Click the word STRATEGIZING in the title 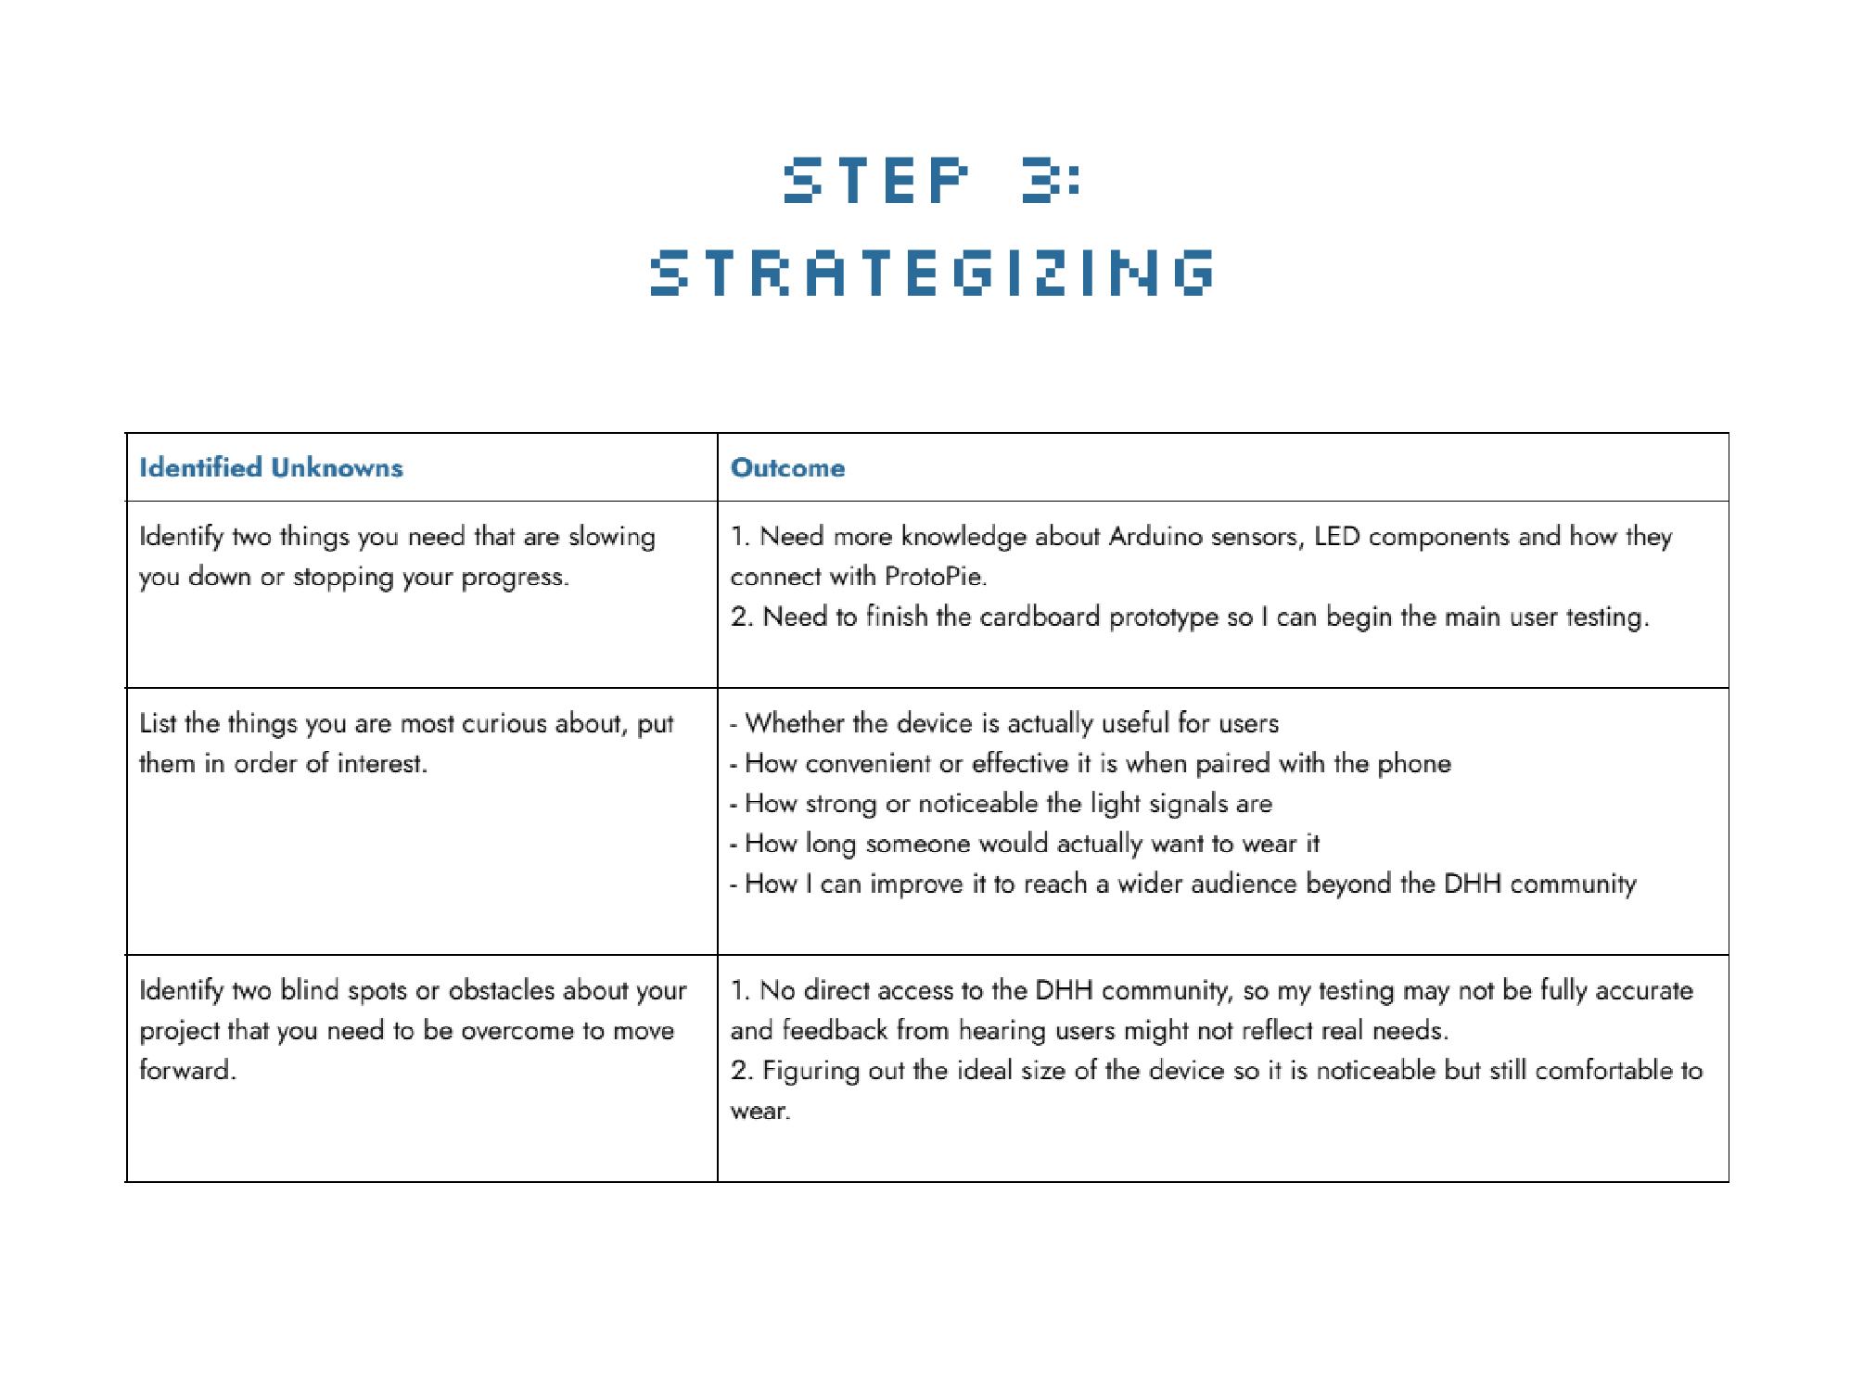(x=932, y=273)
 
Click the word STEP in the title (x=875, y=180)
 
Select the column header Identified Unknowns (x=271, y=467)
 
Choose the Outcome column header (x=787, y=467)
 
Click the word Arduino (x=1155, y=537)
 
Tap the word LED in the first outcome (x=1336, y=537)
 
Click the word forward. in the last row (x=187, y=1070)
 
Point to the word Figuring (x=810, y=1071)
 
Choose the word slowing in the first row (x=611, y=537)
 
